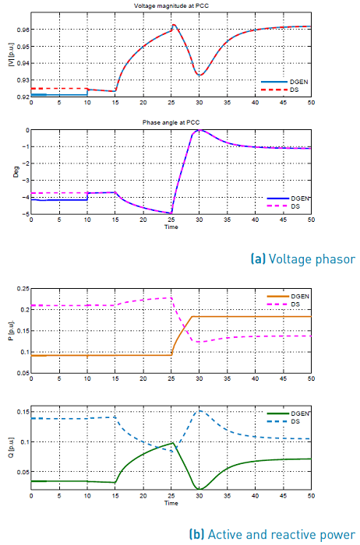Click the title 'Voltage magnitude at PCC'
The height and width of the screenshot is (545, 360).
[x=170, y=7]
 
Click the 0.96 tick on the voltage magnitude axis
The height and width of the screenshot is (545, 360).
[x=23, y=30]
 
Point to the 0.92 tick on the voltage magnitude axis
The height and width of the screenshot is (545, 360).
[x=23, y=97]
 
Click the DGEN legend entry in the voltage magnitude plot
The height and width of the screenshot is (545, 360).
[x=292, y=81]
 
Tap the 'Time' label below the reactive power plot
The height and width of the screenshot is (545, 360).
[x=171, y=504]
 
